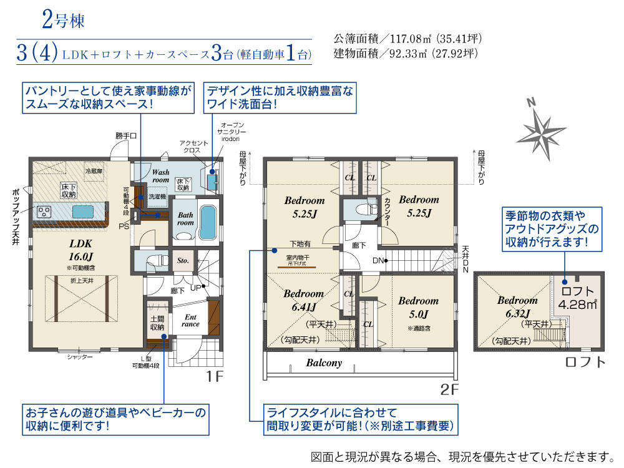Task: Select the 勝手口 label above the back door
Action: [125, 135]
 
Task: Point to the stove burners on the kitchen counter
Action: [46, 212]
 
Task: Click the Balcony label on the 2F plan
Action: [324, 363]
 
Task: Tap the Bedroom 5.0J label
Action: [419, 306]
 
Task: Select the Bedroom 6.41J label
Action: [304, 300]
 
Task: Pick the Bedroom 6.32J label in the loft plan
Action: [517, 306]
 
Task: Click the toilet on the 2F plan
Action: [359, 210]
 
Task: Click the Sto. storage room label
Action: [183, 261]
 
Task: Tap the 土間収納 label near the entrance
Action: [157, 323]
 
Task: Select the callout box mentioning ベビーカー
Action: [114, 419]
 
